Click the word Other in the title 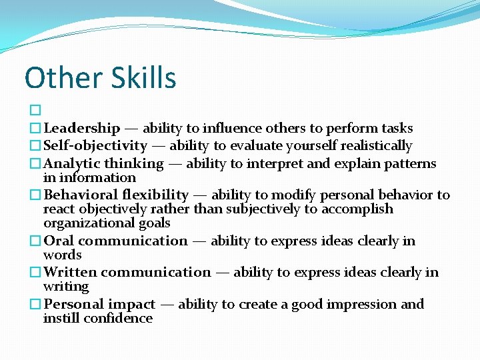point(60,78)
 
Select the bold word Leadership point(81,128)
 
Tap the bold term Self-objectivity point(95,145)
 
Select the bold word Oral point(59,241)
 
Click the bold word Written point(70,272)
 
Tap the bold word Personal point(73,304)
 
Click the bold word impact point(131,304)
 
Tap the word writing point(65,287)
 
